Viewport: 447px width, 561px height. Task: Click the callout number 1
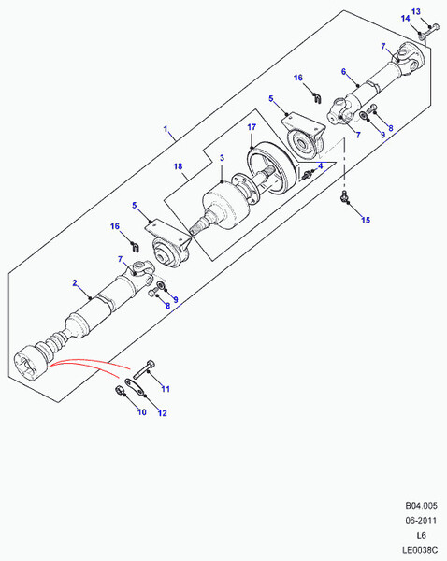pyautogui.click(x=166, y=129)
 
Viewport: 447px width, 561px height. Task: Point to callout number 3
pyautogui.click(x=222, y=159)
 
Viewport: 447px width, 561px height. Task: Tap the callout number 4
pyautogui.click(x=321, y=166)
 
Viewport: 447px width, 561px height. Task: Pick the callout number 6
pyautogui.click(x=344, y=71)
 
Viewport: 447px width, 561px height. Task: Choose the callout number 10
pyautogui.click(x=142, y=410)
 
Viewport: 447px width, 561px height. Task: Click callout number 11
pyautogui.click(x=166, y=389)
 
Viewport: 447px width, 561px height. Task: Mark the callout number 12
pyautogui.click(x=162, y=412)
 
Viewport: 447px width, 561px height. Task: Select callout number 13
pyautogui.click(x=417, y=10)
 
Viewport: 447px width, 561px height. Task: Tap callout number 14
pyautogui.click(x=406, y=19)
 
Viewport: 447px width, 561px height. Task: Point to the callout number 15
pyautogui.click(x=367, y=220)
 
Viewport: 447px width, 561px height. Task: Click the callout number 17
pyautogui.click(x=252, y=127)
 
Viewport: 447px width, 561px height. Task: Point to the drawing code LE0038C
pyautogui.click(x=411, y=551)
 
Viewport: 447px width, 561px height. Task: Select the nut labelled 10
pyautogui.click(x=121, y=390)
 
